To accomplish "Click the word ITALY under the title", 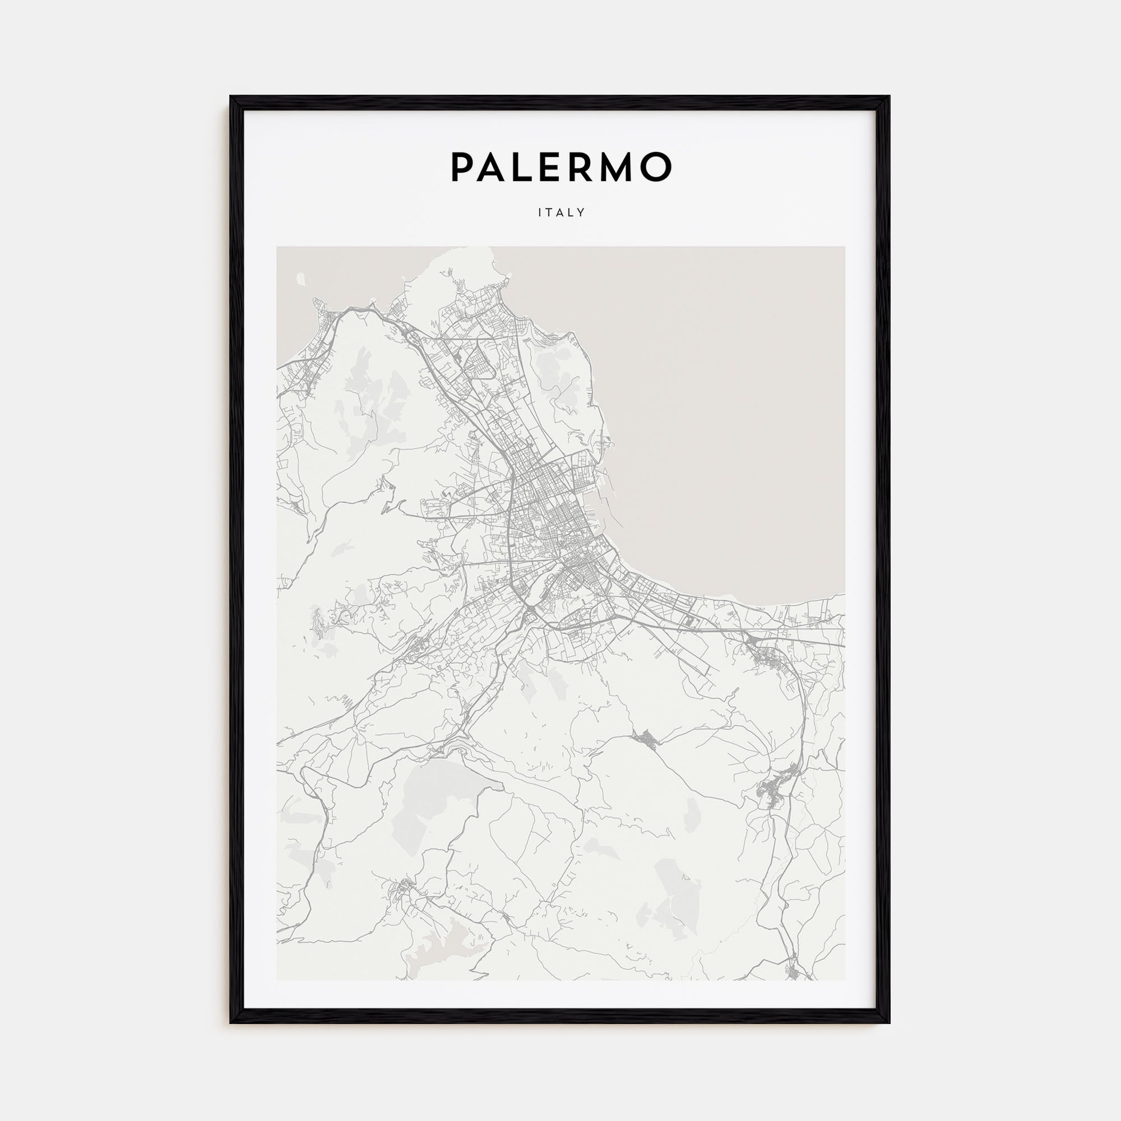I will tap(561, 212).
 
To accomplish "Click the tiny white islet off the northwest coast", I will tap(300, 280).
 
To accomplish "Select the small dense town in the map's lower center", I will tap(646, 739).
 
